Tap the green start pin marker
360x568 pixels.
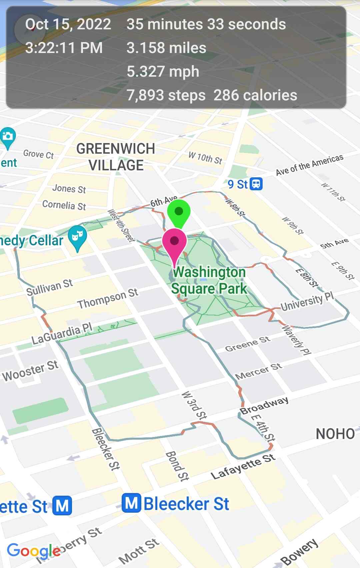(x=179, y=212)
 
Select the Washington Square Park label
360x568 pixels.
(x=209, y=280)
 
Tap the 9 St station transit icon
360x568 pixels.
(x=256, y=184)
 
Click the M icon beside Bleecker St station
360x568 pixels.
(x=131, y=503)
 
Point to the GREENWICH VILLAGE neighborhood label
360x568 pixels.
(x=116, y=157)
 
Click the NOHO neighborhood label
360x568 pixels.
(x=335, y=434)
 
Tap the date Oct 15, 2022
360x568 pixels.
(x=68, y=24)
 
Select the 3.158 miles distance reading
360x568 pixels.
(x=166, y=48)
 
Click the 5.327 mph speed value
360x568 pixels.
(x=163, y=71)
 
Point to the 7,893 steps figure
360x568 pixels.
(x=166, y=95)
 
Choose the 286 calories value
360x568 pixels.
(x=255, y=95)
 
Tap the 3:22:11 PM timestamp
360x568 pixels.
(x=64, y=48)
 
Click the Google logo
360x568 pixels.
(x=34, y=550)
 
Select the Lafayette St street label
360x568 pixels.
(x=243, y=467)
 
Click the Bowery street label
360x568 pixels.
(x=299, y=552)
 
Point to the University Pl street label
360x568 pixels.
(x=307, y=301)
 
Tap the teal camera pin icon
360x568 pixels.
(x=8, y=136)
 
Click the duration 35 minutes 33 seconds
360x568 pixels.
(x=206, y=24)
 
